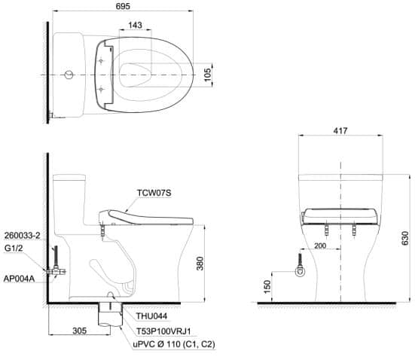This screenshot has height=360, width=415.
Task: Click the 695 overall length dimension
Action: pyautogui.click(x=123, y=6)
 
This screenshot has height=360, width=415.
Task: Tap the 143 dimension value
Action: pyautogui.click(x=135, y=25)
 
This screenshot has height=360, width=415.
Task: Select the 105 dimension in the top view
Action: pyautogui.click(x=208, y=75)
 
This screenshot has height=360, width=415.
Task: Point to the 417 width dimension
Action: pyautogui.click(x=340, y=130)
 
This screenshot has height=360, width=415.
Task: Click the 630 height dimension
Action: pyautogui.click(x=405, y=238)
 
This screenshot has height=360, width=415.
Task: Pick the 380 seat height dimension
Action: pyautogui.click(x=200, y=264)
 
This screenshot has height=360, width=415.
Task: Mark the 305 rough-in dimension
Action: pyautogui.click(x=80, y=331)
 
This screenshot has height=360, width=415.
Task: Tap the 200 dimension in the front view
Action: pyautogui.click(x=320, y=246)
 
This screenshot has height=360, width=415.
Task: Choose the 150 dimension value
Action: pyautogui.click(x=267, y=286)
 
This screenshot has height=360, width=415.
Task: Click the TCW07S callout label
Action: pyautogui.click(x=154, y=193)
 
